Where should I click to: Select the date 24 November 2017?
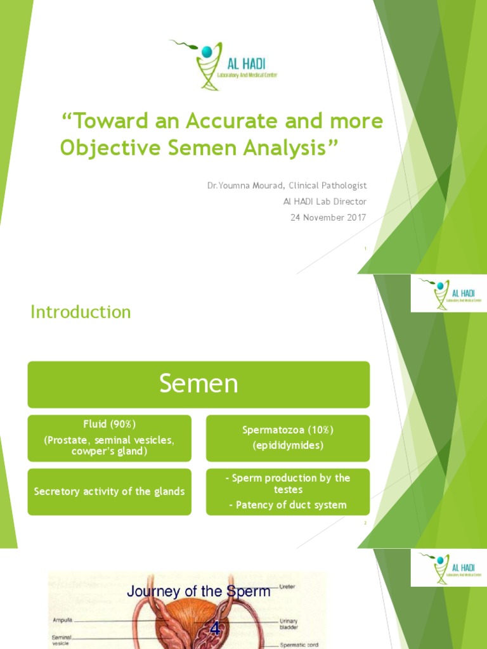coord(330,217)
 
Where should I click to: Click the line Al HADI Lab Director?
coord(325,202)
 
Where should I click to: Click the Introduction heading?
coord(81,312)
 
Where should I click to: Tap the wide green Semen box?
coord(198,384)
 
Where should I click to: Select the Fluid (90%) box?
coord(109,438)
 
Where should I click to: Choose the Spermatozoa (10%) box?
coord(287,437)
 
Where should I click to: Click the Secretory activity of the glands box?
coord(109,491)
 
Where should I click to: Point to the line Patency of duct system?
coord(287,505)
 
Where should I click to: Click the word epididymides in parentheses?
coord(287,446)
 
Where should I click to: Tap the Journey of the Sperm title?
coord(198,592)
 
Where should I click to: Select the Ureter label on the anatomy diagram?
coord(287,587)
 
